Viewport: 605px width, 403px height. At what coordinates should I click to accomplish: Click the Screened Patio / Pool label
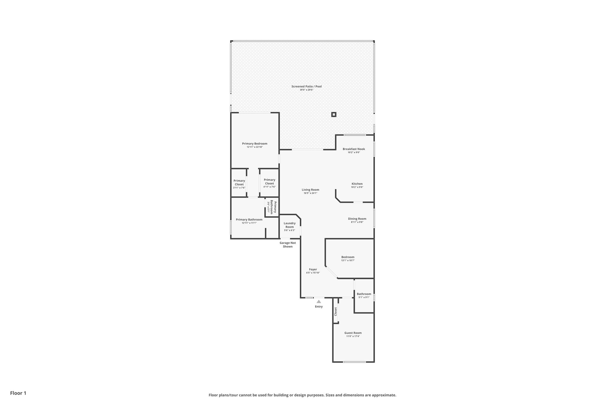point(306,87)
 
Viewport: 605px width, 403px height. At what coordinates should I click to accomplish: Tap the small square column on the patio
point(334,115)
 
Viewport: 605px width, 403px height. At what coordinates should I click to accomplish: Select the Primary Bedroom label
point(255,144)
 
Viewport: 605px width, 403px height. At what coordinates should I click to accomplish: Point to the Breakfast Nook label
point(354,149)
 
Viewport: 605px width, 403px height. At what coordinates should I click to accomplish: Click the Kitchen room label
point(357,184)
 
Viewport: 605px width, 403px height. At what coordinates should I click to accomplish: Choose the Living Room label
point(310,190)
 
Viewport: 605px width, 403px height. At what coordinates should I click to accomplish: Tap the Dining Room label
point(357,219)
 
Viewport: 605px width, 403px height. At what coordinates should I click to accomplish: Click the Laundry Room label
point(290,225)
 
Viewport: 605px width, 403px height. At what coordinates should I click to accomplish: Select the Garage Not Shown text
point(287,244)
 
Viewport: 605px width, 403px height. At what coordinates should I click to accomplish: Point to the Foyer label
point(313,269)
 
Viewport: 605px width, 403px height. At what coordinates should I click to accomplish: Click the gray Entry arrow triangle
point(319,301)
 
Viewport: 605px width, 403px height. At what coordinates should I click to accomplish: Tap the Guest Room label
point(353,333)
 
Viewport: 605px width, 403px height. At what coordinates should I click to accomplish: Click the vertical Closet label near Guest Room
point(336,311)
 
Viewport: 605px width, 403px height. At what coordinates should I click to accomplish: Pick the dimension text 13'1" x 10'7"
point(348,260)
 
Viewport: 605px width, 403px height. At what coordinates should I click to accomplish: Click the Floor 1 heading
point(18,393)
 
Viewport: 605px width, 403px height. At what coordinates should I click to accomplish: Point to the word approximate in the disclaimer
point(383,395)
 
